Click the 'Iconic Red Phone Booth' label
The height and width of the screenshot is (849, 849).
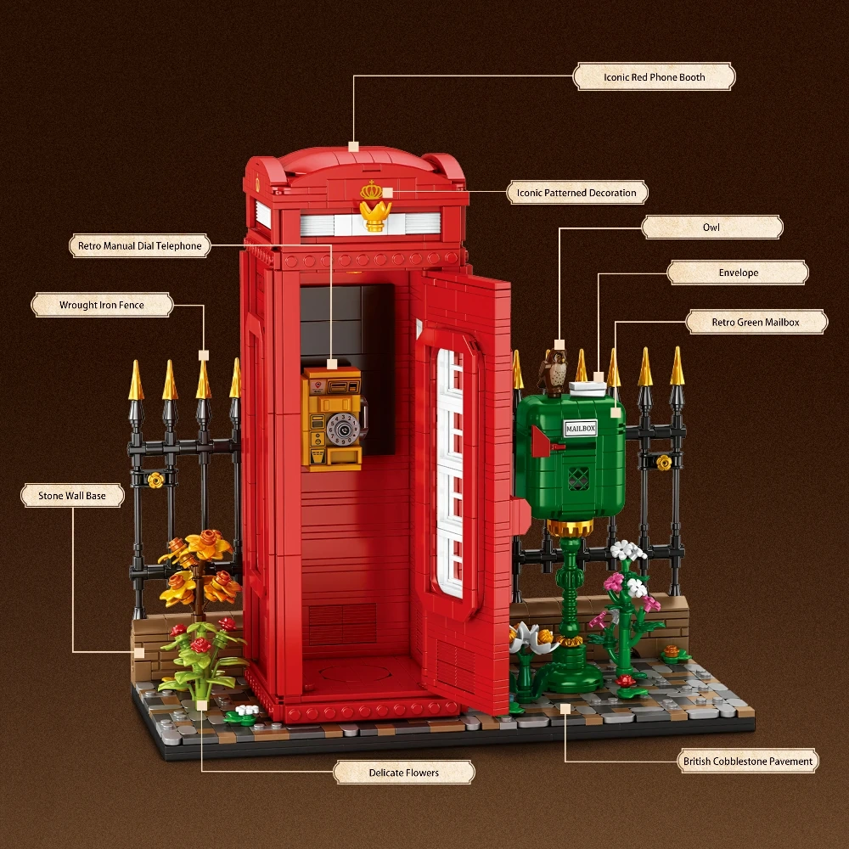click(654, 77)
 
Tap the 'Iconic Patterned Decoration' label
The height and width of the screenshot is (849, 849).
click(576, 193)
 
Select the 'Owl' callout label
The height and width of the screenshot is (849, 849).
click(711, 228)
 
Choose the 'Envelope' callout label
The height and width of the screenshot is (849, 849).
click(737, 273)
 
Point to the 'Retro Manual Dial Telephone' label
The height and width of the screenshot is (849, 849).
click(139, 246)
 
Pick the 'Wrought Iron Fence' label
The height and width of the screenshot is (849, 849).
click(102, 305)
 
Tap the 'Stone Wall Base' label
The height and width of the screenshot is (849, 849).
click(72, 495)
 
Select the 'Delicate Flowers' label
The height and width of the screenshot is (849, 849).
click(403, 773)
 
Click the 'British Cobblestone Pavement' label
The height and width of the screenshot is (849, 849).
click(748, 761)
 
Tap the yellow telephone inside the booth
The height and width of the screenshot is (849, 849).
click(332, 418)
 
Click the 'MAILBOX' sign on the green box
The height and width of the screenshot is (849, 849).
click(581, 429)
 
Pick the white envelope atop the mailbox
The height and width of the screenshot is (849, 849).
click(588, 387)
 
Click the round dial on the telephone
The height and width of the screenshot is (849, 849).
click(343, 431)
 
